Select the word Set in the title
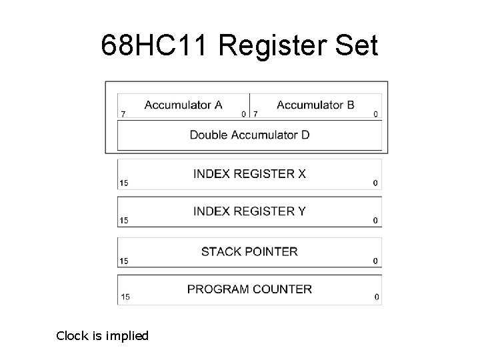click(x=357, y=46)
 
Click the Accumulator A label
click(x=183, y=105)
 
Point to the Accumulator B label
click(x=315, y=105)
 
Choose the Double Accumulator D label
click(x=249, y=135)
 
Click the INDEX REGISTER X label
click(x=249, y=174)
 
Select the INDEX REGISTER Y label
click(x=249, y=211)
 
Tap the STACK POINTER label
click(x=249, y=251)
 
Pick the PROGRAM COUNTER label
click(x=249, y=289)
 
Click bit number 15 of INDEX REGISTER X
click(x=124, y=183)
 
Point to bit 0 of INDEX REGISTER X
click(x=375, y=183)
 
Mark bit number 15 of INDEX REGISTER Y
click(x=124, y=221)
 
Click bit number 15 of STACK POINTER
click(x=124, y=261)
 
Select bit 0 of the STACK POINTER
click(x=375, y=261)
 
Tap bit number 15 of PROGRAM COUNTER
click(x=124, y=297)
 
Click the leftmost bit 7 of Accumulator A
click(x=122, y=114)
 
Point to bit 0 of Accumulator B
click(x=375, y=114)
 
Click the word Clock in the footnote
click(x=72, y=336)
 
